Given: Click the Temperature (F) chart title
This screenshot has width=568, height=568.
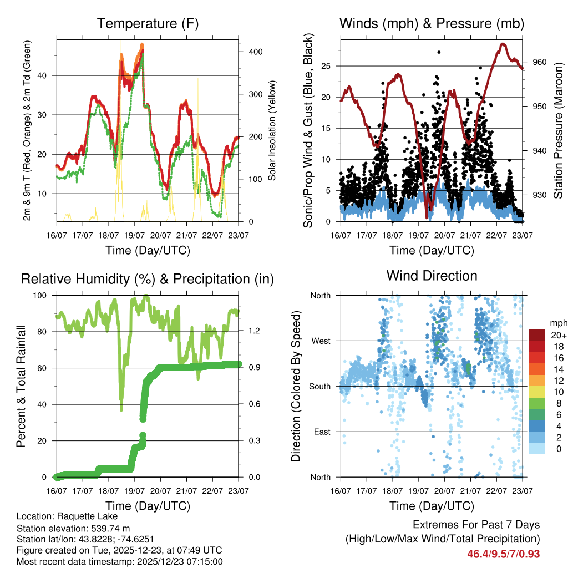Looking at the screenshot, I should (148, 23).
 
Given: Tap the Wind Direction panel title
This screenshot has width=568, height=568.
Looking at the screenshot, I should (432, 275).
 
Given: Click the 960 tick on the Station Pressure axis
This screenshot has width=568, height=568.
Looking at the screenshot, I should (540, 62).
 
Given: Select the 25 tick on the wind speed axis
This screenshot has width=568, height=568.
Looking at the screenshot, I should (326, 67).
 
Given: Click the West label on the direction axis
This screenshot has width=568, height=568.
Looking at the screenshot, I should (321, 341).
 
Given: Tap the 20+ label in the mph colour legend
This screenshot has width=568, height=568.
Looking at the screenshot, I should (557, 335).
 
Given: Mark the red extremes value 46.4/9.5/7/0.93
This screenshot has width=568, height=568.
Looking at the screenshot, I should (503, 554).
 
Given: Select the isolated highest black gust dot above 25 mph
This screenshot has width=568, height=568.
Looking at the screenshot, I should (439, 52).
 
